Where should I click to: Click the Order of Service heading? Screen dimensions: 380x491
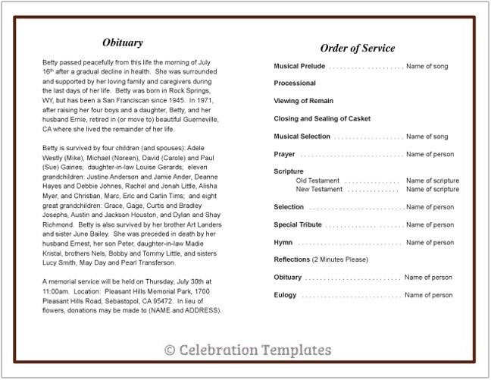point(357,48)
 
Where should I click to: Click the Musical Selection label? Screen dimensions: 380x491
point(302,137)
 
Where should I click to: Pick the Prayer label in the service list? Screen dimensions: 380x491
point(284,154)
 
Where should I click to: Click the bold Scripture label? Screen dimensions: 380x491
point(289,171)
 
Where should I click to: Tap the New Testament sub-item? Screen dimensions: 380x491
point(320,189)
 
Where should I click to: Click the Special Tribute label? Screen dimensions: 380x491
point(298,225)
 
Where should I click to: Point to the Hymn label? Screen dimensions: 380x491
point(283,242)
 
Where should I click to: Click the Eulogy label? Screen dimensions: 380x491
point(285,294)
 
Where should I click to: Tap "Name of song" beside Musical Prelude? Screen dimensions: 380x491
point(427,67)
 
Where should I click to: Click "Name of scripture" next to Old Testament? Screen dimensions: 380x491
point(433,181)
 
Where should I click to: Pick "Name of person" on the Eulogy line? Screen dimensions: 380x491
point(429,294)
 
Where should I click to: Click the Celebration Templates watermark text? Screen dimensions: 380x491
point(247,350)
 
